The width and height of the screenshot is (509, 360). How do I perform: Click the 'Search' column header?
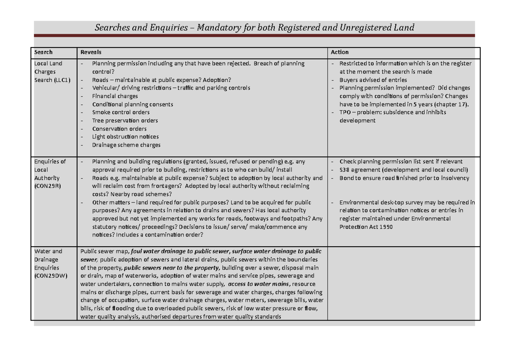click(x=43, y=52)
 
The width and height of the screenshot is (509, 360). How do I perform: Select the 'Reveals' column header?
click(x=91, y=52)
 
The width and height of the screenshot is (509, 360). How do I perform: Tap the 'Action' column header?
click(x=340, y=52)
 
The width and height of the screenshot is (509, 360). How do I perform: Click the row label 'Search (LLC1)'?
click(x=53, y=80)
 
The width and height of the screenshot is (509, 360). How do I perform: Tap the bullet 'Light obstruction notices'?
click(x=125, y=137)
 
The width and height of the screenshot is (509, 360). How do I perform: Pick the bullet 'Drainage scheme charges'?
click(x=126, y=145)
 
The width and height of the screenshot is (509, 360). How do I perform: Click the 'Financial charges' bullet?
click(x=115, y=96)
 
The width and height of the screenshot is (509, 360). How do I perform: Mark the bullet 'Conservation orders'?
click(x=119, y=129)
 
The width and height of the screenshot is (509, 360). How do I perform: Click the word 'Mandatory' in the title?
click(x=219, y=28)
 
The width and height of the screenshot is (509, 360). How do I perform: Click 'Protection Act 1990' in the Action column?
click(x=366, y=227)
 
